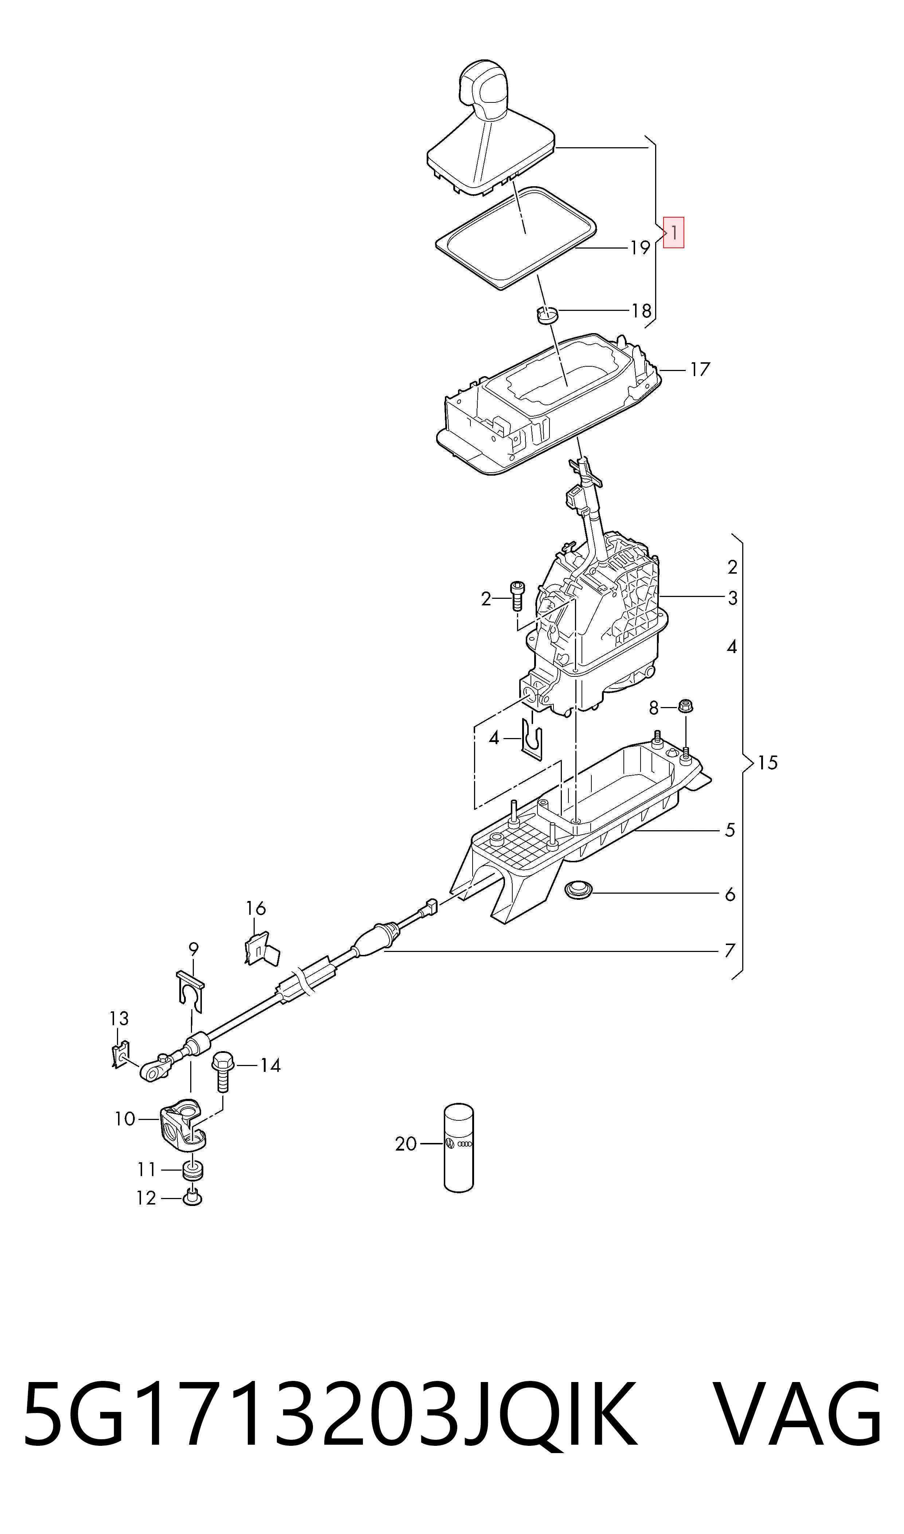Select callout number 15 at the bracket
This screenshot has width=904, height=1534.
[x=768, y=763]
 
